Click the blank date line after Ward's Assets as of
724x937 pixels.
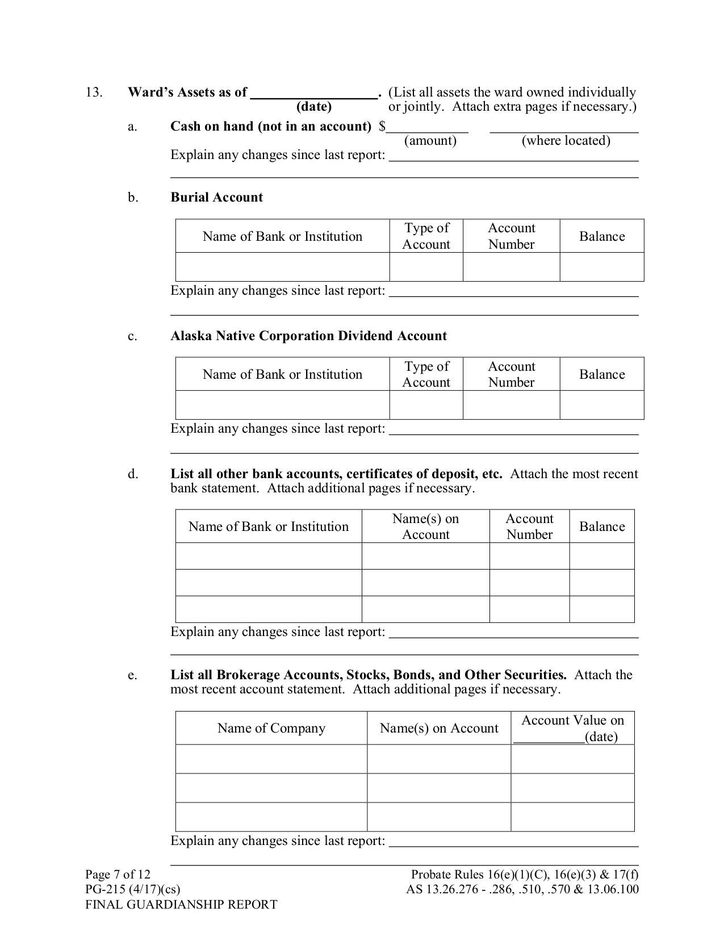click(x=315, y=94)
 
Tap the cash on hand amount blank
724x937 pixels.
click(x=427, y=127)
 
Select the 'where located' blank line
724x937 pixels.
click(x=564, y=127)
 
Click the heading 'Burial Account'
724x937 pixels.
click(x=216, y=198)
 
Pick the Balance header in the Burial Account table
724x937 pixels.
click(x=602, y=236)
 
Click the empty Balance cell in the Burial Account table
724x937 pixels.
click(x=602, y=267)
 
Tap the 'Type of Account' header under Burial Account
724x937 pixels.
click(x=426, y=236)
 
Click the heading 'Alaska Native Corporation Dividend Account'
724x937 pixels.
click(x=308, y=336)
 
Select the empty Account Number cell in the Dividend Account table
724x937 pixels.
click(x=511, y=405)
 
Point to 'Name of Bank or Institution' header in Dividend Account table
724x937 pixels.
click(x=282, y=375)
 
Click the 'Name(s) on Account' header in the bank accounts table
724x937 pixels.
click(x=425, y=526)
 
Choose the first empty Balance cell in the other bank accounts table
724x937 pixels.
click(x=602, y=556)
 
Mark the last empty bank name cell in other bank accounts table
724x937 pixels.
click(x=269, y=609)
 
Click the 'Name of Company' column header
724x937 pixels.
click(x=271, y=729)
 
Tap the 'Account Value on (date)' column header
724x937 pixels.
click(x=572, y=729)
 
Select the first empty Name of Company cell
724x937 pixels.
click(x=271, y=759)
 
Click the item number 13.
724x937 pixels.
click(x=94, y=93)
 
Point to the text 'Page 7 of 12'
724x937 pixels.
click(x=118, y=875)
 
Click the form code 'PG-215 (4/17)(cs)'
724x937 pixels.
click(x=132, y=890)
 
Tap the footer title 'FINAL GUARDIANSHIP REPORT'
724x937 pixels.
click(x=181, y=905)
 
